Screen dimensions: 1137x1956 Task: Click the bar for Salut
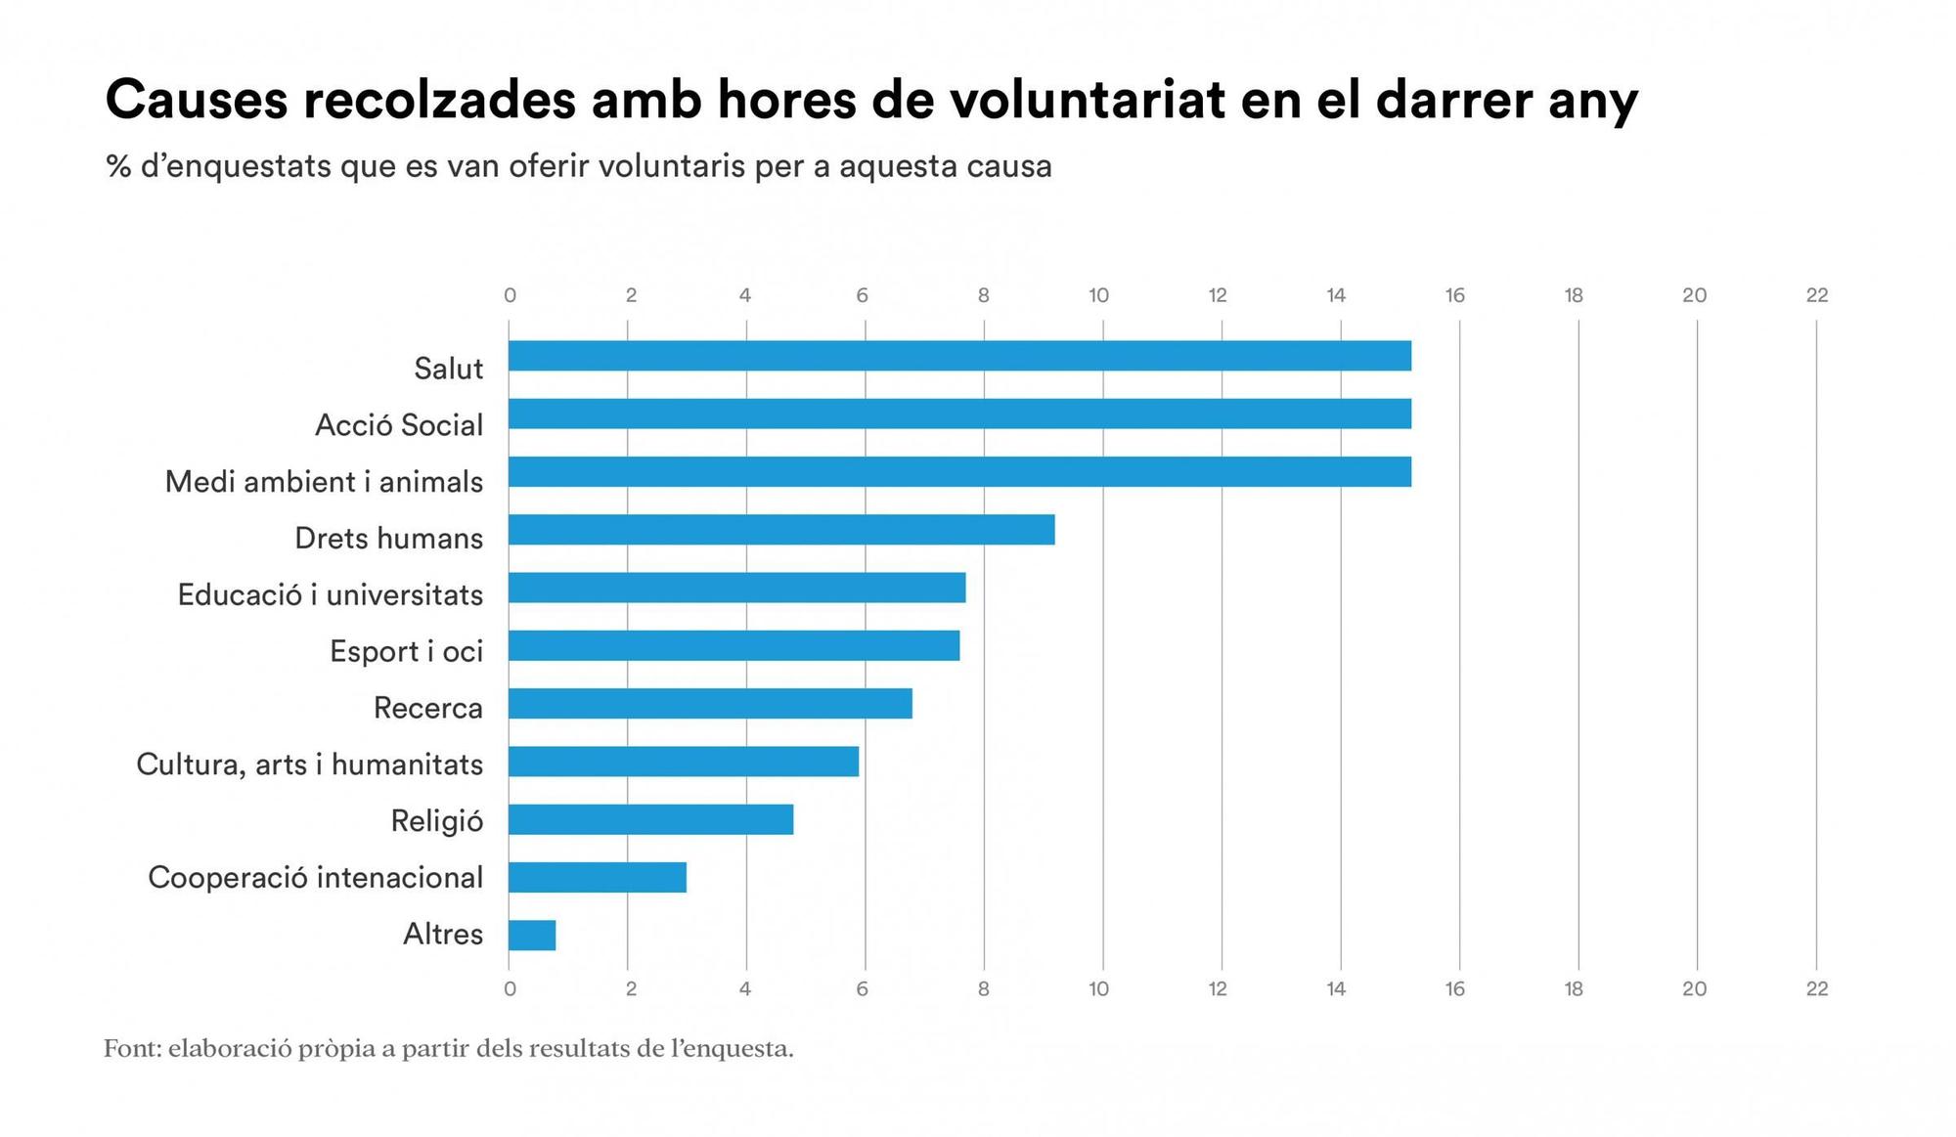(958, 356)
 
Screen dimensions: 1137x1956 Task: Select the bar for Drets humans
(780, 530)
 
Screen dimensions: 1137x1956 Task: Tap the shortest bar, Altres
(531, 936)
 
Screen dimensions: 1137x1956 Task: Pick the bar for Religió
(650, 819)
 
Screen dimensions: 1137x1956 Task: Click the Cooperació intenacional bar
(597, 877)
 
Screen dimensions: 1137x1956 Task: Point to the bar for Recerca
(709, 704)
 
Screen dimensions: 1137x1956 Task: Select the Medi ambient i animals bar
(958, 472)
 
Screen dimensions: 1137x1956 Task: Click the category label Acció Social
(398, 425)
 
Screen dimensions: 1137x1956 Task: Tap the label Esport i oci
(406, 651)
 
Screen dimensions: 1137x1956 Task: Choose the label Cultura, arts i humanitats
(309, 765)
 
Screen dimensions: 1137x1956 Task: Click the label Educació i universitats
(330, 594)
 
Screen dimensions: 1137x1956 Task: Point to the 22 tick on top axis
(1816, 295)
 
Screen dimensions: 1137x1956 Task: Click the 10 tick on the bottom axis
(1098, 989)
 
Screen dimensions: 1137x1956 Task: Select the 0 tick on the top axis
(510, 295)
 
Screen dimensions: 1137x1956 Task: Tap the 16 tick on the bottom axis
(1454, 989)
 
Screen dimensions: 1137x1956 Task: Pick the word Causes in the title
(196, 100)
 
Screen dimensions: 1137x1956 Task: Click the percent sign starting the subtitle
(118, 166)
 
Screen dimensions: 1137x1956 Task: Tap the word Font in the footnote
(130, 1049)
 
